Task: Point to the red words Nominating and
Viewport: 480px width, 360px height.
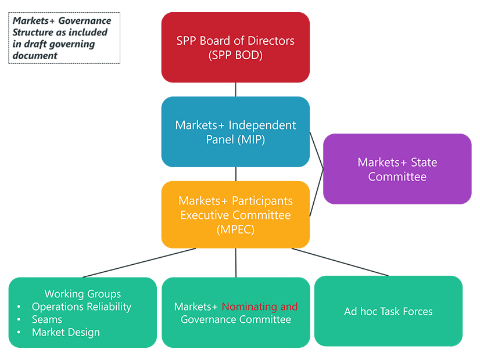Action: pos(259,307)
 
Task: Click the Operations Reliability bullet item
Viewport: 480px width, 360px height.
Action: pos(81,307)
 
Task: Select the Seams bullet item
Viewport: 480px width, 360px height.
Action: pos(47,319)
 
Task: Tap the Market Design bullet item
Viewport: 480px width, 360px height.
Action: pos(66,332)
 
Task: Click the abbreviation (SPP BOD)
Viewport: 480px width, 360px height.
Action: pos(235,56)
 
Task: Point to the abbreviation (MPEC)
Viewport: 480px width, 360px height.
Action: pos(235,229)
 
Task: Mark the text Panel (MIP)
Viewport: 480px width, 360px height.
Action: pos(235,139)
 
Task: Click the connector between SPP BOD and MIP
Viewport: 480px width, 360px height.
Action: pos(235,89)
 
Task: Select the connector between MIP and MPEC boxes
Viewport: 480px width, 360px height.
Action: pos(235,174)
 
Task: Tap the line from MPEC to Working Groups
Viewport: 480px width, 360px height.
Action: pos(139,262)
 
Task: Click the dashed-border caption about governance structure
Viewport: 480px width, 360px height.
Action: pos(64,38)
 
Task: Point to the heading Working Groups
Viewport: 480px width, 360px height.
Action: pos(83,294)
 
